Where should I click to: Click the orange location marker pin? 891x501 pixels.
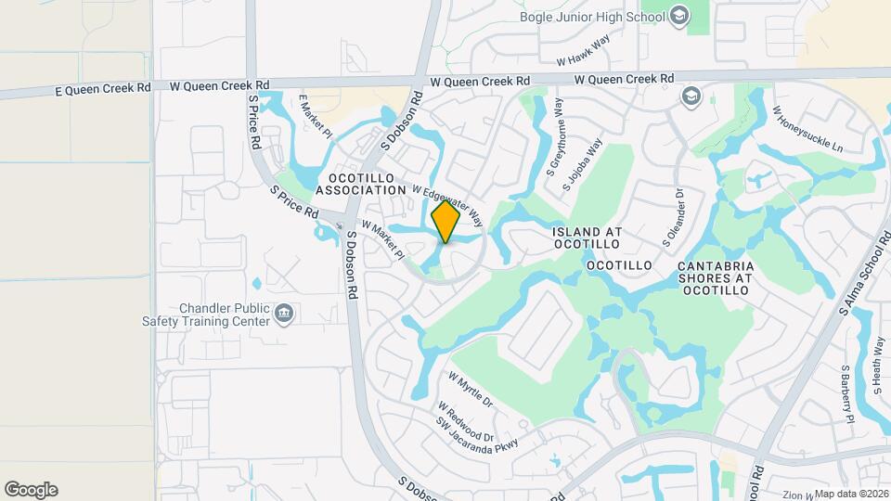click(446, 222)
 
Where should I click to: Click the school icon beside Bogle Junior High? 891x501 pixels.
click(680, 15)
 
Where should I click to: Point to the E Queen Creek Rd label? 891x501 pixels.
click(103, 88)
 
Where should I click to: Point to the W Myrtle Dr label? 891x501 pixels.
click(471, 391)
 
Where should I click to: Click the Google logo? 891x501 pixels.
click(31, 490)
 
